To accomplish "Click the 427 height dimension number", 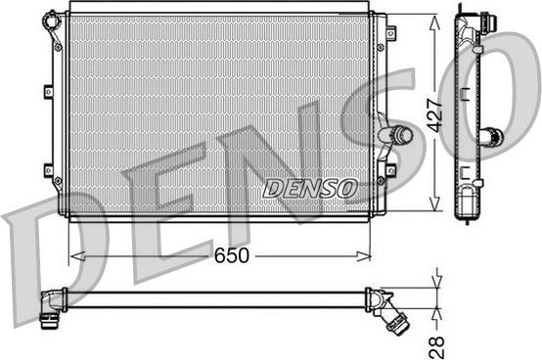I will click(436, 113).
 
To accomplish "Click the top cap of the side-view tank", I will click(466, 14).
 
